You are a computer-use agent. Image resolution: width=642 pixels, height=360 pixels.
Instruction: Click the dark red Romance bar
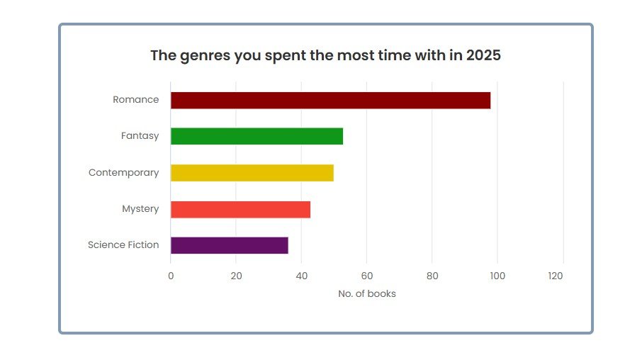click(x=330, y=100)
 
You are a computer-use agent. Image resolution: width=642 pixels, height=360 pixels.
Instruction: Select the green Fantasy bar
click(x=257, y=136)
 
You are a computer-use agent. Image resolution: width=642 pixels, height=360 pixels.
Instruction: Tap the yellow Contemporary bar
click(x=252, y=173)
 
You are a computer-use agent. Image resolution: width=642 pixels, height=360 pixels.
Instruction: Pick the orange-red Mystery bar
click(x=240, y=209)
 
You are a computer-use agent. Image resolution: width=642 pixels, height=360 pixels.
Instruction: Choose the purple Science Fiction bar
click(x=229, y=245)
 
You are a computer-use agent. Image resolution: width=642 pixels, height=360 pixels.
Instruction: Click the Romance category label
click(x=136, y=100)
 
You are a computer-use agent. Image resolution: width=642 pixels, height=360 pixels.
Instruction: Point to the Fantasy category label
click(x=140, y=136)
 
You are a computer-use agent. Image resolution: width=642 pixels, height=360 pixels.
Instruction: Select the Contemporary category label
click(x=124, y=173)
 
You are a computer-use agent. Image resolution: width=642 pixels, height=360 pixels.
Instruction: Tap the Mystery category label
click(x=140, y=209)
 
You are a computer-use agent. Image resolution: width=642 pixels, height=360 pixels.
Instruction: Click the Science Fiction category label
click(x=123, y=245)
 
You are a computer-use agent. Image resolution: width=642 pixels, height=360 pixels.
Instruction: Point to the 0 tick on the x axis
click(x=171, y=276)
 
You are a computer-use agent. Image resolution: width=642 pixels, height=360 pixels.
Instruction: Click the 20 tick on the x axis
click(x=236, y=276)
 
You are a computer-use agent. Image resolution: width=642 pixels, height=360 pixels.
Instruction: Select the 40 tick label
click(x=301, y=276)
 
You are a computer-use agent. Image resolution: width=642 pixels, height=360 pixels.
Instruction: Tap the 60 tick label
click(x=366, y=276)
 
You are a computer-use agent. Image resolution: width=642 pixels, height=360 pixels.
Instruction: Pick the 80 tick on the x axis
click(x=432, y=276)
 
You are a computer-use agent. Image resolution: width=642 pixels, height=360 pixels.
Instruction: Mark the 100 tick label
click(x=497, y=276)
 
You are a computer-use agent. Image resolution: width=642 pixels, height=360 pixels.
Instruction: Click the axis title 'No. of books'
click(x=367, y=293)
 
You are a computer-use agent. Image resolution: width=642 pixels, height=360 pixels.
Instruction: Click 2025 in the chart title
click(x=483, y=55)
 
